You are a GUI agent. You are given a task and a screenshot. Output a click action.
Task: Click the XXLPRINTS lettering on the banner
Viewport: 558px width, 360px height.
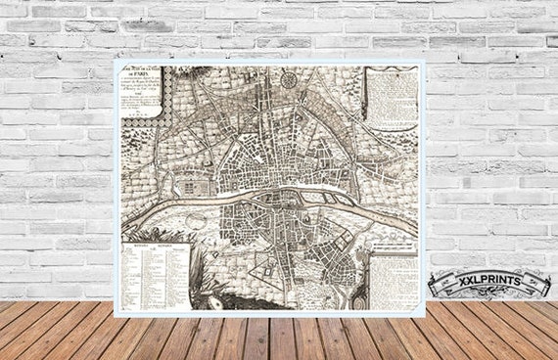click(488, 283)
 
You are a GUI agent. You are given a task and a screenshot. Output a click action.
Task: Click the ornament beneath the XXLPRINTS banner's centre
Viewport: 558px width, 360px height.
click(488, 299)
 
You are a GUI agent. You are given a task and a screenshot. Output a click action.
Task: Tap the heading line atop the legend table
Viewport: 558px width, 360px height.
click(154, 242)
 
